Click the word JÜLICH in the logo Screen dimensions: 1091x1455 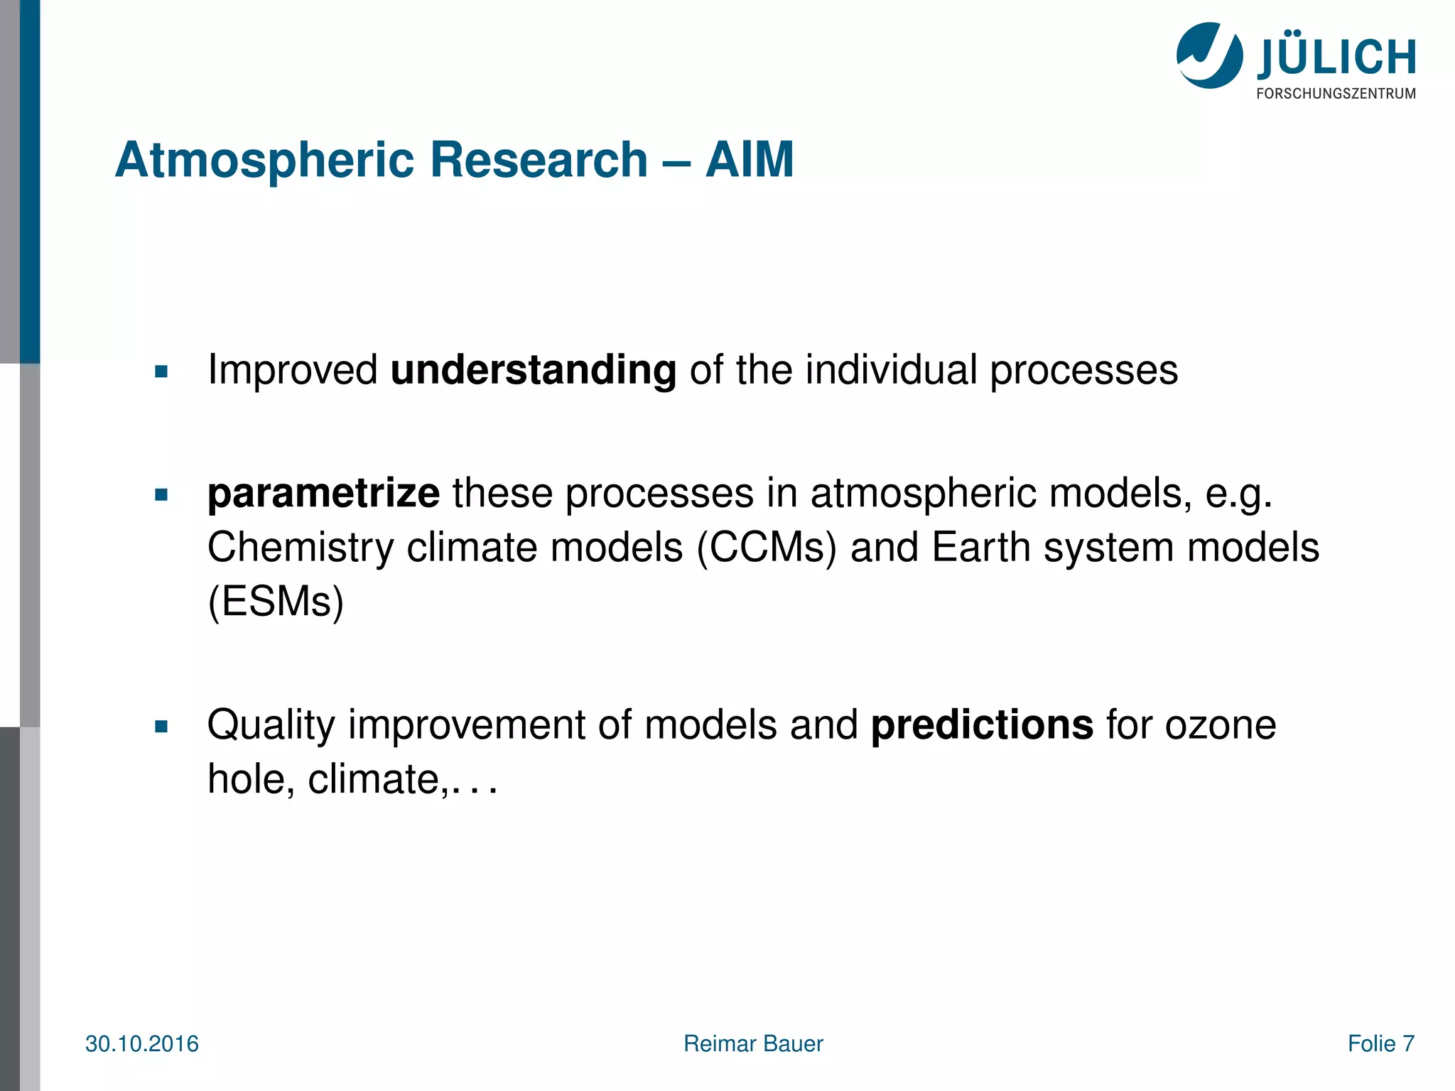(1336, 58)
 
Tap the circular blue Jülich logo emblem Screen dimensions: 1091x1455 (1209, 55)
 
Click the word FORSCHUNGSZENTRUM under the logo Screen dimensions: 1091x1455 (1336, 94)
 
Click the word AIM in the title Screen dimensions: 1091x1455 (750, 160)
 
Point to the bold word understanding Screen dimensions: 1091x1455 (533, 370)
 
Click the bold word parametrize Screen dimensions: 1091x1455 (323, 494)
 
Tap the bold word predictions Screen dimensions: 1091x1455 (982, 725)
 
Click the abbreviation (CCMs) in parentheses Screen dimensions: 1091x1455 (767, 548)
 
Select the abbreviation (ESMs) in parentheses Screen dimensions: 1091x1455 (276, 602)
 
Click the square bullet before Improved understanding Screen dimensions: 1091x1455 (161, 371)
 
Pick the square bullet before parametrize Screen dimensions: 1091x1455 (161, 495)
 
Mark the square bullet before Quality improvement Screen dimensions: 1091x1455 (161, 727)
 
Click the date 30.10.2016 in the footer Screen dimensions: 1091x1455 (142, 1044)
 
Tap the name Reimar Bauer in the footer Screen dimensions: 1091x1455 (753, 1044)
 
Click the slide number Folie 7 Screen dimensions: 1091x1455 (1380, 1044)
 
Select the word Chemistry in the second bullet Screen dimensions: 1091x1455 (301, 548)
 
